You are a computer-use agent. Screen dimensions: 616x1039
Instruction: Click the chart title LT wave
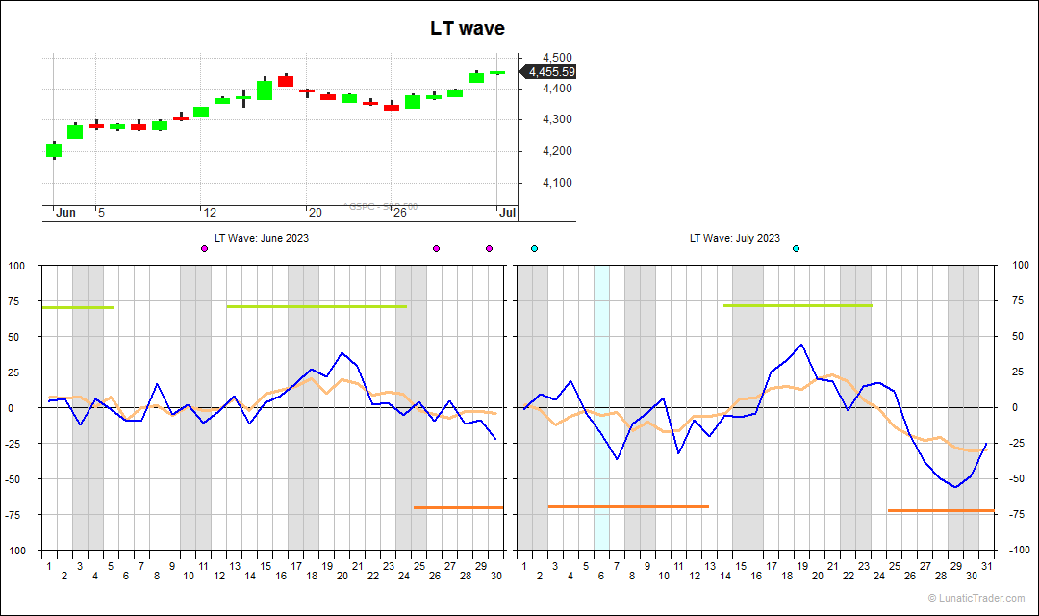467,29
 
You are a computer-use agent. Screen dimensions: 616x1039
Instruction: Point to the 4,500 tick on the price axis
558,58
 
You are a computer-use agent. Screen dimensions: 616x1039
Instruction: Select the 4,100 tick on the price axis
558,183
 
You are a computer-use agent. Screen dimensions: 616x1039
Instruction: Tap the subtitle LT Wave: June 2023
262,238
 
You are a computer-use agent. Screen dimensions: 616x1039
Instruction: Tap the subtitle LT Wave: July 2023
735,238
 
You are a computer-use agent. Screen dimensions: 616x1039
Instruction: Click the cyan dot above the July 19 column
796,249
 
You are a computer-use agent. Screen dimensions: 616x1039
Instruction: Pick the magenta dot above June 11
204,249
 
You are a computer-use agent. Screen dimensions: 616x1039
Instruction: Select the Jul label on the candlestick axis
507,212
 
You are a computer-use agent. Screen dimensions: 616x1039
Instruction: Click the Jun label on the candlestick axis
65,212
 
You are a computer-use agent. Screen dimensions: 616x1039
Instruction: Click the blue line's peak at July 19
801,345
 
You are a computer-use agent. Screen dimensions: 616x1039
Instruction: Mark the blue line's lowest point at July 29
955,487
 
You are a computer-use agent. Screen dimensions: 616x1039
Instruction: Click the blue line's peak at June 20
342,353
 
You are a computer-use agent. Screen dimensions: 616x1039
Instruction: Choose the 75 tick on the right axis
1016,300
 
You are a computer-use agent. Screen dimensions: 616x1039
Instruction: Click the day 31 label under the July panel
986,566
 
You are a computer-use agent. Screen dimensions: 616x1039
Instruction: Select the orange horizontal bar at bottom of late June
458,507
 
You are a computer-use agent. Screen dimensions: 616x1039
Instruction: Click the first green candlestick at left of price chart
54,150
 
